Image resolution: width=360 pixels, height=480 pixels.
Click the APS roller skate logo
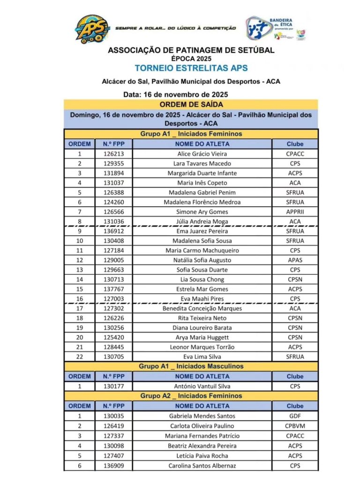click(92, 29)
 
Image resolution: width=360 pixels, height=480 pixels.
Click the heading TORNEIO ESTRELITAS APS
click(191, 68)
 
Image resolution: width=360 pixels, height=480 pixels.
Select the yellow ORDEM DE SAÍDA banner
click(191, 104)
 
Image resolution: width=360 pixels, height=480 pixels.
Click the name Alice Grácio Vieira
click(202, 154)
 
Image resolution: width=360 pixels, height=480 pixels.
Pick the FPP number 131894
click(113, 173)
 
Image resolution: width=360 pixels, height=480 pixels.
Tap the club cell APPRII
click(295, 212)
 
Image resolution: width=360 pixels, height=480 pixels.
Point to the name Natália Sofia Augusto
click(202, 260)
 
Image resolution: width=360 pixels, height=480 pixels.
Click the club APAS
click(295, 260)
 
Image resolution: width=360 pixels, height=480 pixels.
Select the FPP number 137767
click(113, 289)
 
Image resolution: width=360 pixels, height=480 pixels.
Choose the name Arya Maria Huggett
click(202, 337)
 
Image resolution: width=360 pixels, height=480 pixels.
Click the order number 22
click(79, 357)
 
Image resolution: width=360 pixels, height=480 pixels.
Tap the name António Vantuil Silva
click(202, 386)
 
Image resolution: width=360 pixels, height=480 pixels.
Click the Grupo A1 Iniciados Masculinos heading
click(191, 366)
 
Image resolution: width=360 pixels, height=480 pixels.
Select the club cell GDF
click(295, 416)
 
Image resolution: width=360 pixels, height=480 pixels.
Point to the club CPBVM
click(295, 426)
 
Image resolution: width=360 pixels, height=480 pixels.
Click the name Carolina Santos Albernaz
click(202, 465)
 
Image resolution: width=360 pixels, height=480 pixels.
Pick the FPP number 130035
click(113, 416)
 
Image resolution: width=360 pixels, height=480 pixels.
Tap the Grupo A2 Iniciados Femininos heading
click(191, 396)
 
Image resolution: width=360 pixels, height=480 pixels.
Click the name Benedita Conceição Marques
click(202, 308)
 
